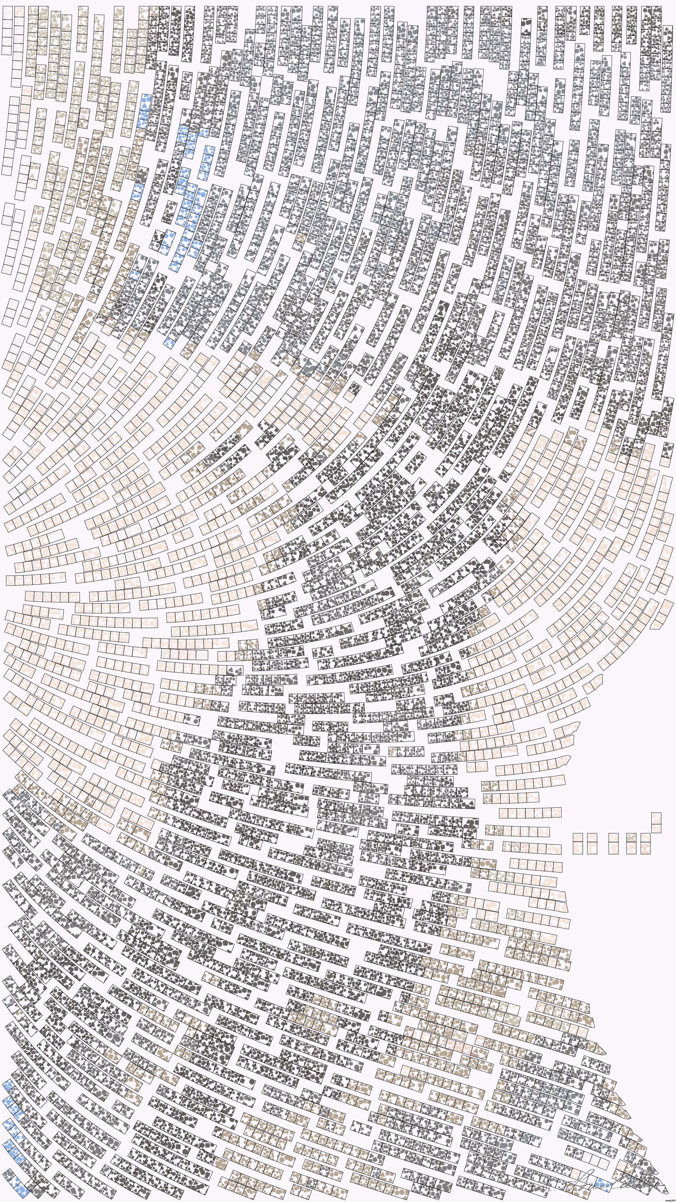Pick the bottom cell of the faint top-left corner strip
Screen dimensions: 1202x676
7,49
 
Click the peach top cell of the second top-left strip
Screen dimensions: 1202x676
19,11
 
